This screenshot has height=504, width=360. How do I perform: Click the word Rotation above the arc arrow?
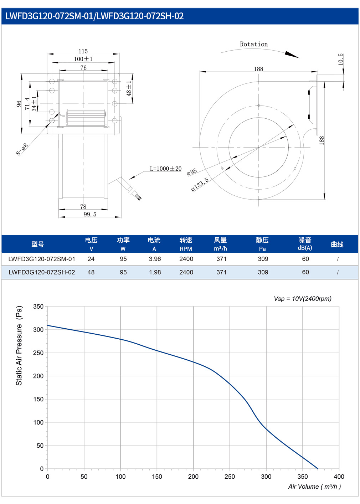[x=254, y=44]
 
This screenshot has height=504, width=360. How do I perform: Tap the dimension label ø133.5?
[x=200, y=184]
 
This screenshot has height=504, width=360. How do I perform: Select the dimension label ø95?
[x=192, y=172]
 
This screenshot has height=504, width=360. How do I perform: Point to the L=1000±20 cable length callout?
[x=166, y=169]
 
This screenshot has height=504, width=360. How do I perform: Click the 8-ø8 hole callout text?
[x=22, y=149]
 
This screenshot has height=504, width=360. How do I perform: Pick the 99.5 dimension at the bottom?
[x=90, y=214]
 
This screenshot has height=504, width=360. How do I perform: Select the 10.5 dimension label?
[x=340, y=60]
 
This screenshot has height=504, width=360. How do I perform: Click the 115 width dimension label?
[x=83, y=51]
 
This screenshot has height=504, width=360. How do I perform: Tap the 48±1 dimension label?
[x=129, y=89]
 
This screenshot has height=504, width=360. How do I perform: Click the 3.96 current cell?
[x=155, y=259]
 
